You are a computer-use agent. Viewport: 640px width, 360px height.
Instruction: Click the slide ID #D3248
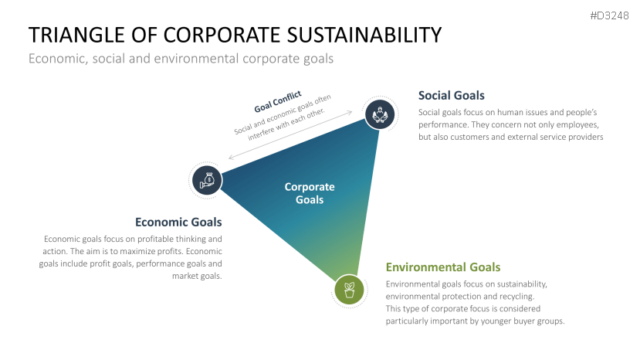click(x=609, y=15)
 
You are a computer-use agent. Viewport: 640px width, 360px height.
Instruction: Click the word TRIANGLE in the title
click(x=75, y=36)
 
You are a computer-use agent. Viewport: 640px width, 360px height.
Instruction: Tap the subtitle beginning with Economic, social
click(x=181, y=59)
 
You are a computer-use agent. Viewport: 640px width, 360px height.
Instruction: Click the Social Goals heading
click(x=451, y=96)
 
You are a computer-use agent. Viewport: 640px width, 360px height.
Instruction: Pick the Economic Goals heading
click(x=178, y=222)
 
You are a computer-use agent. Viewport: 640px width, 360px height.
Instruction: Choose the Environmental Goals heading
click(x=443, y=267)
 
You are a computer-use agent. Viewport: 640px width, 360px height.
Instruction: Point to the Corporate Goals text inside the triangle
click(x=310, y=193)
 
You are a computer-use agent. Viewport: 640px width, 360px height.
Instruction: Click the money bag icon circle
click(x=207, y=181)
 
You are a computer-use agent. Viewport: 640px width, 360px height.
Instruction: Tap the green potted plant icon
click(x=349, y=290)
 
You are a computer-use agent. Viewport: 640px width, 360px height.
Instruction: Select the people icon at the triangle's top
click(x=380, y=115)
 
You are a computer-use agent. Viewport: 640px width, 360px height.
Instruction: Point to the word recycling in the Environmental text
click(x=520, y=296)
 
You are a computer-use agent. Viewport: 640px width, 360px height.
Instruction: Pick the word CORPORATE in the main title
click(x=214, y=36)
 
